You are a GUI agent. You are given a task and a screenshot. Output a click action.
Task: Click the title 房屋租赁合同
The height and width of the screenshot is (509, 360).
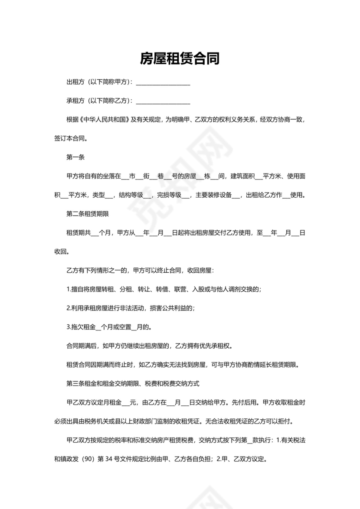coord(180,59)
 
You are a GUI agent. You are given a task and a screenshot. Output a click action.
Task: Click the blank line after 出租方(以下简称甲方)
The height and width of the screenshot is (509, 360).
coord(163,82)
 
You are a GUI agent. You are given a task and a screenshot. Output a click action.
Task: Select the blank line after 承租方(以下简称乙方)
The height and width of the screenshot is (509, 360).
coord(163,101)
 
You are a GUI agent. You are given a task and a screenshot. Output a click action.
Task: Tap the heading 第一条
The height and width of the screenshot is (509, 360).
coord(75,157)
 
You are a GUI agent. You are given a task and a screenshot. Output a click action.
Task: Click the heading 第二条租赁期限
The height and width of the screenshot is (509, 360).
coord(87,214)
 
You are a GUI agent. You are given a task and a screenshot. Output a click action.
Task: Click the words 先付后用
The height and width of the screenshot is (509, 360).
coord(242,402)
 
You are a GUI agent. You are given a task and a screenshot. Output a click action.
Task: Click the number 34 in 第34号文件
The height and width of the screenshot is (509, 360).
coord(124,459)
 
